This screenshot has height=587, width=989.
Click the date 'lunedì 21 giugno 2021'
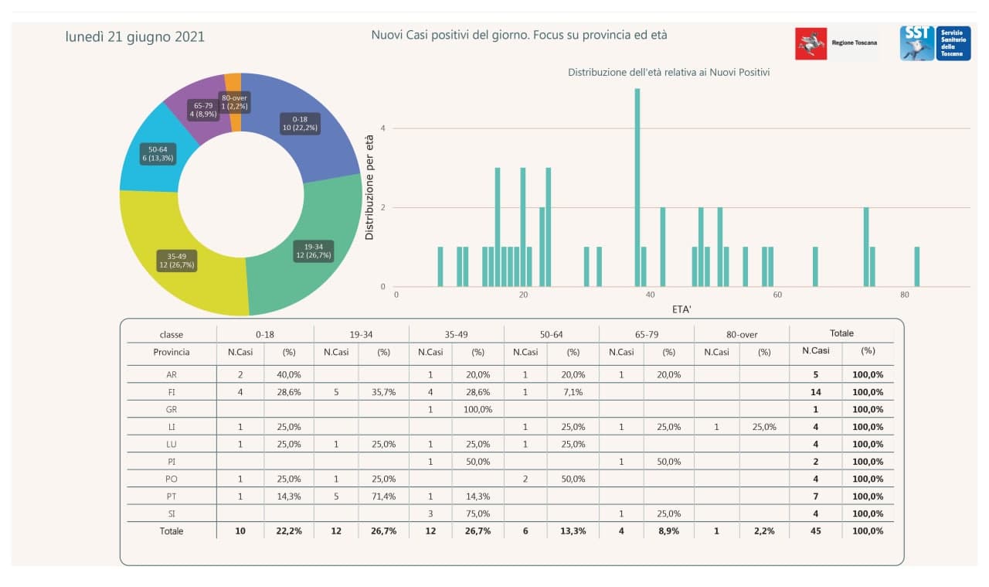point(135,37)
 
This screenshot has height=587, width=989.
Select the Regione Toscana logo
point(837,43)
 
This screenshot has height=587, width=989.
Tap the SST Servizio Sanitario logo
point(935,43)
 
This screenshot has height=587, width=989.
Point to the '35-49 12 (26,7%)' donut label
point(177,261)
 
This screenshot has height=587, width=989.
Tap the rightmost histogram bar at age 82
point(916,267)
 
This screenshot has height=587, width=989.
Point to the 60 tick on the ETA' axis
point(777,295)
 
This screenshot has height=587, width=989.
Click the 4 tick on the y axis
point(382,128)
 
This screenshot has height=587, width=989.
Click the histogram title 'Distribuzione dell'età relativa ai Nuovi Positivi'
point(668,72)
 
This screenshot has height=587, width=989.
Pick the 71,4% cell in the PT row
point(383,496)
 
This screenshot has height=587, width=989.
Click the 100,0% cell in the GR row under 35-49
point(478,409)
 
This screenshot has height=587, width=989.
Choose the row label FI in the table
point(172,392)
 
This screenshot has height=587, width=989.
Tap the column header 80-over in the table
point(741,335)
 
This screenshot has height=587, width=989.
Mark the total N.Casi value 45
point(815,531)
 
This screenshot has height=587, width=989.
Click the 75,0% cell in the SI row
point(478,514)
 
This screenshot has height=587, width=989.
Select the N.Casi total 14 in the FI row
point(815,392)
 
